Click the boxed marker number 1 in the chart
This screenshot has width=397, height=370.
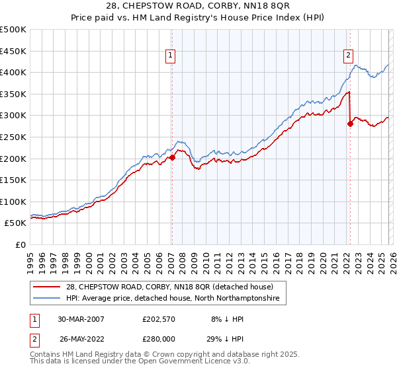pos(171,56)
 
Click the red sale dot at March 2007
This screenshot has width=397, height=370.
pos(172,157)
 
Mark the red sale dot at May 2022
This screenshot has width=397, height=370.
pos(350,124)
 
